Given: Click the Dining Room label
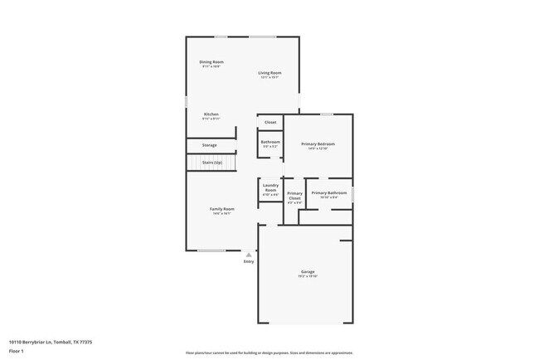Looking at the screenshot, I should tap(211, 62).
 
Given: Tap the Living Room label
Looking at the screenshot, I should tap(270, 73).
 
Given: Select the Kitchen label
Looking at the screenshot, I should tap(211, 114).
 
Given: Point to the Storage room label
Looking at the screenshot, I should tap(210, 145).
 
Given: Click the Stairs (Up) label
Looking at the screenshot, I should tap(211, 163).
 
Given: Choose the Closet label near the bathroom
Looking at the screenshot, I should tap(270, 122).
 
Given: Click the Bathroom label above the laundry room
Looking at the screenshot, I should tap(270, 142).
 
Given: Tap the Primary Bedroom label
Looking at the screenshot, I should tap(318, 144).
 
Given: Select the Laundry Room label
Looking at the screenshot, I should tap(270, 187).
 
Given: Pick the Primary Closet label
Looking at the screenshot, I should tap(294, 196).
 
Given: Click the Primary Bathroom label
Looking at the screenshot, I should tap(328, 193).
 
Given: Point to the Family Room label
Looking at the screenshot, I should tap(221, 209).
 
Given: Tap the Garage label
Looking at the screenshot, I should tap(308, 272).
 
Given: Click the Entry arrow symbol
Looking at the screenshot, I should tap(249, 255).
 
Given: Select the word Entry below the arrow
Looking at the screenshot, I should tap(249, 262).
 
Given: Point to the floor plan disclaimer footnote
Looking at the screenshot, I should tap(269, 352).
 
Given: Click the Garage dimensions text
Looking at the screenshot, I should tap(308, 277).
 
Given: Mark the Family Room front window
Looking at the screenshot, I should tap(211, 251).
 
